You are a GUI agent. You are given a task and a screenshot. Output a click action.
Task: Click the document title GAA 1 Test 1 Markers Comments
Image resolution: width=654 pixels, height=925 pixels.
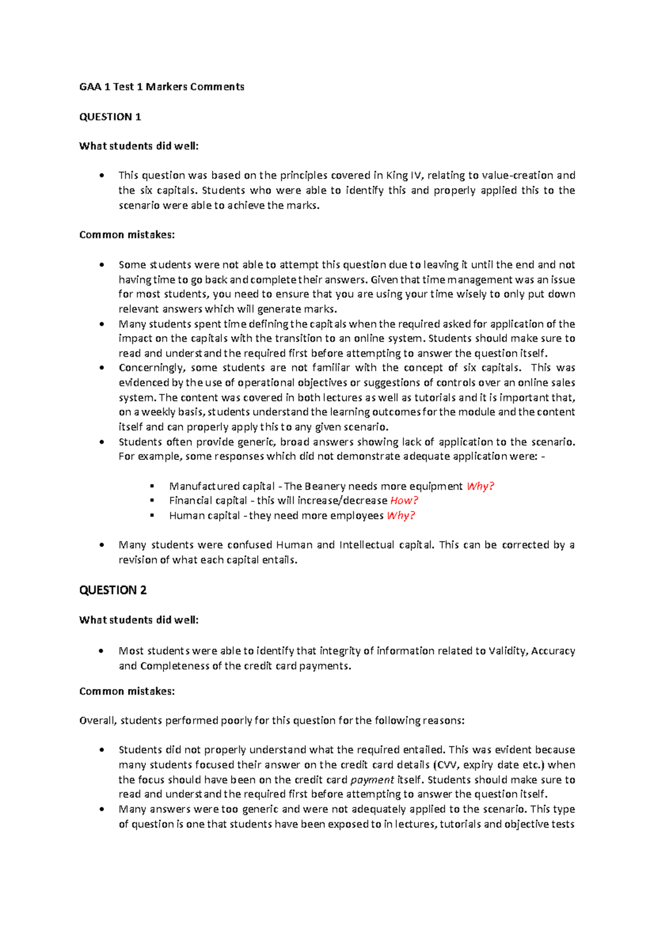pos(161,87)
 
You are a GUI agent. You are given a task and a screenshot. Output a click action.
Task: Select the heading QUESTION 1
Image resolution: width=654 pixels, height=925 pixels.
pos(110,117)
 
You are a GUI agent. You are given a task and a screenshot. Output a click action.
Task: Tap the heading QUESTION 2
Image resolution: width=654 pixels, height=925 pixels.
pos(113,590)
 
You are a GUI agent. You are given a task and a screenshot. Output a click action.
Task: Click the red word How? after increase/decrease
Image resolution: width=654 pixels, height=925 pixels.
pos(404,500)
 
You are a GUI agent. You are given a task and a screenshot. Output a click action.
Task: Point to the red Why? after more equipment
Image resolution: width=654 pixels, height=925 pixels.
pos(480,486)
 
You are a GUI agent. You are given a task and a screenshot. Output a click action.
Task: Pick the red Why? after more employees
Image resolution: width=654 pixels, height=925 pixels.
pos(401,515)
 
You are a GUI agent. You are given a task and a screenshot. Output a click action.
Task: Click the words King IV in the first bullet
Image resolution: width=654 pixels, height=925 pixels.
pos(404,175)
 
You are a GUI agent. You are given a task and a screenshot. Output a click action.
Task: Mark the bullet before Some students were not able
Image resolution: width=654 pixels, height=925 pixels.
pos(102,265)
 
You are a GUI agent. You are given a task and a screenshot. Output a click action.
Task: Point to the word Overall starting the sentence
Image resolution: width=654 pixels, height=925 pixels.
pos(98,721)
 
